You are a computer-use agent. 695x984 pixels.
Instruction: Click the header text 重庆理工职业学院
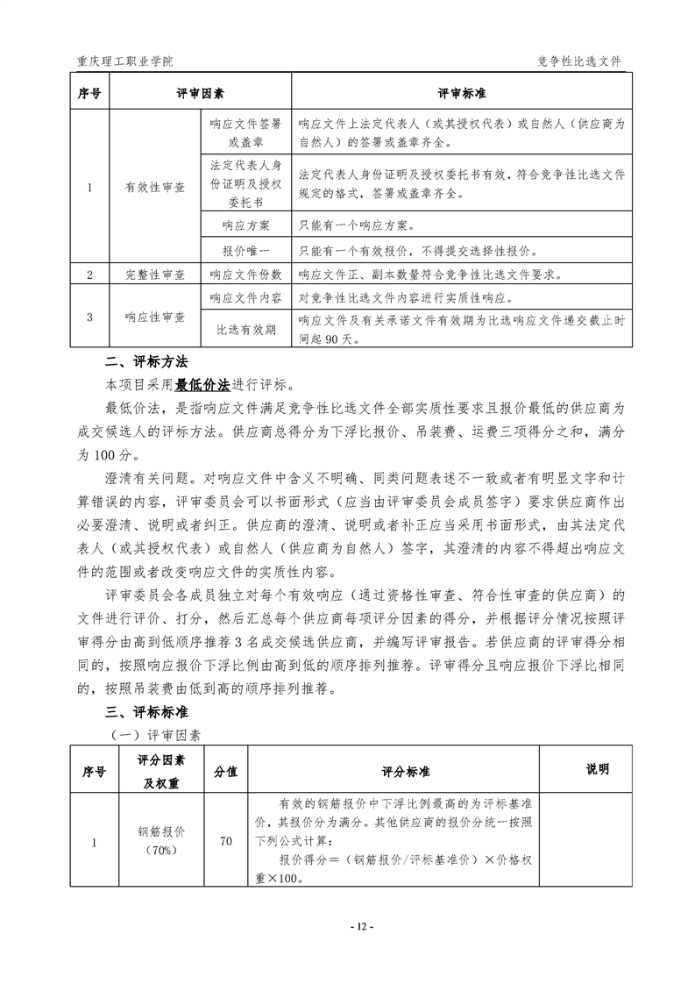tap(125, 62)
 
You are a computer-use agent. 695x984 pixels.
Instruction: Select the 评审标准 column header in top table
tap(462, 93)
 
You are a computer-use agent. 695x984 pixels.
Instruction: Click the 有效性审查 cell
tap(155, 187)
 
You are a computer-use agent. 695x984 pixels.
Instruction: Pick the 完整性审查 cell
tap(155, 275)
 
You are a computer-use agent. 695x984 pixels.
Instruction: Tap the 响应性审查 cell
tap(155, 316)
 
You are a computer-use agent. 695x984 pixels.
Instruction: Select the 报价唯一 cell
tap(246, 251)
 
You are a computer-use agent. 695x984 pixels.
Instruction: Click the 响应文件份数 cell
tap(246, 275)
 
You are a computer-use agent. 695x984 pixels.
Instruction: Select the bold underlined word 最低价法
tap(202, 384)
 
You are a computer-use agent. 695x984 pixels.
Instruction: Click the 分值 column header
tap(225, 771)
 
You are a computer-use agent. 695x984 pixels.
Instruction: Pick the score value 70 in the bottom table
tap(225, 842)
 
